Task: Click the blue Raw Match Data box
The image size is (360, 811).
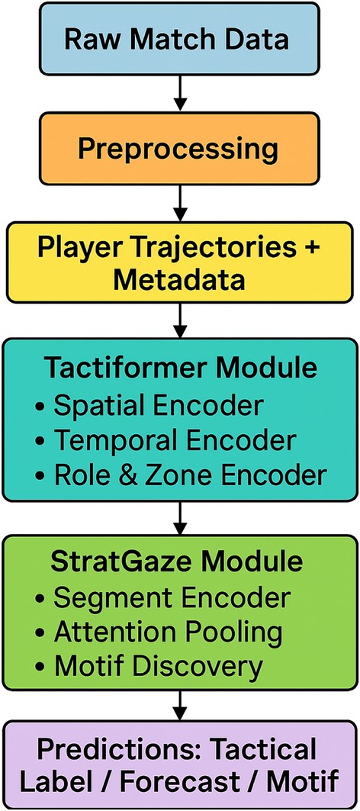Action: click(179, 38)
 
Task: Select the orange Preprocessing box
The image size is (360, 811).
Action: click(179, 149)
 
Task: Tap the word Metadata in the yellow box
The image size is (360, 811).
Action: click(179, 282)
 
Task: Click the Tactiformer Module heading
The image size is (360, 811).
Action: click(179, 368)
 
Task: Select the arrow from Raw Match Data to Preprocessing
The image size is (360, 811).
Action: click(179, 94)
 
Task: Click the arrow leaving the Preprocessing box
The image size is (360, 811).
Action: click(179, 203)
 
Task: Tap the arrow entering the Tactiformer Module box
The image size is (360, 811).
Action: click(179, 320)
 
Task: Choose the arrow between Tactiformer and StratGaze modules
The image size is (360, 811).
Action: click(179, 518)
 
